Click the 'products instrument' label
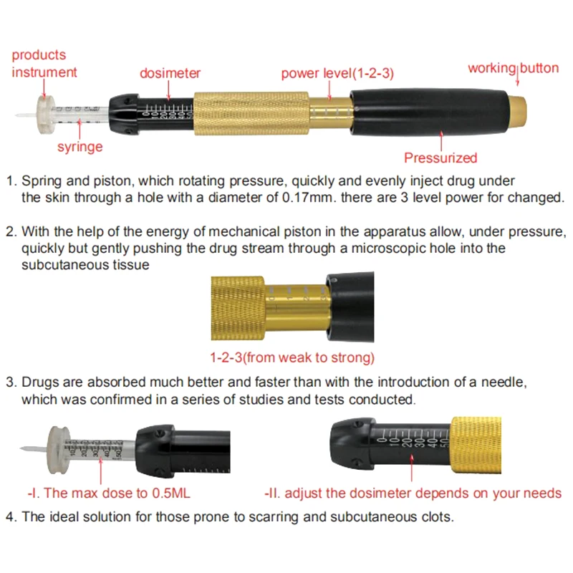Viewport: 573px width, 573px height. (44, 63)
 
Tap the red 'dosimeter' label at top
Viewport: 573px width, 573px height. (170, 73)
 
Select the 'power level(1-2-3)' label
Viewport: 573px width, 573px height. (337, 73)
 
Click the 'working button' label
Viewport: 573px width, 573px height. (513, 68)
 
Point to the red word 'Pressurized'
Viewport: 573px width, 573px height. (440, 158)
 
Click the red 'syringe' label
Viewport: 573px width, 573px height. (80, 147)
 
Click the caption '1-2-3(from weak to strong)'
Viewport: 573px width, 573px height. (292, 357)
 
